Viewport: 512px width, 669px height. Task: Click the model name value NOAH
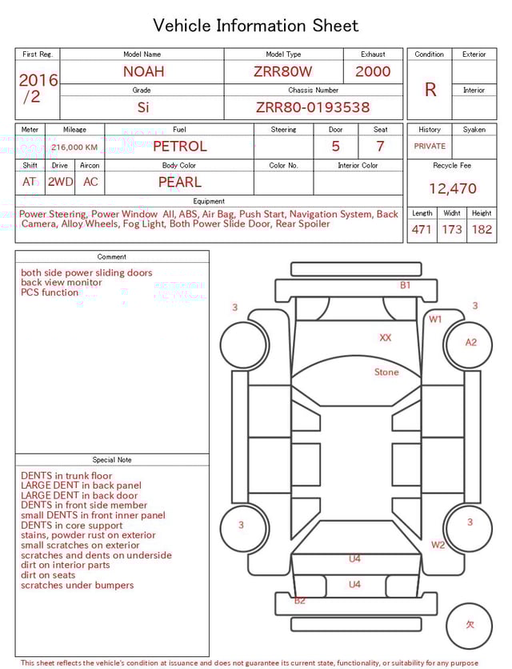[143, 71]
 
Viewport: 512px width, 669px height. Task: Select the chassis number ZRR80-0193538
[313, 107]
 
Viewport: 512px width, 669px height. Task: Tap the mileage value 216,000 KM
[74, 147]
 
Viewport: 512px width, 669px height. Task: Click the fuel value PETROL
[179, 147]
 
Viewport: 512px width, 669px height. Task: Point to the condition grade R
[430, 90]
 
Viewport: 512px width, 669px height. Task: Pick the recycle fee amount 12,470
[452, 189]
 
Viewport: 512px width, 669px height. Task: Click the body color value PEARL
[179, 182]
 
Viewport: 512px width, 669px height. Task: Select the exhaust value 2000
[373, 71]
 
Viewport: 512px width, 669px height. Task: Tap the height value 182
[482, 230]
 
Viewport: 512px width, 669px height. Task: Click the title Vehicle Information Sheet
[256, 26]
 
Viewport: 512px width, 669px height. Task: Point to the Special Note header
[112, 460]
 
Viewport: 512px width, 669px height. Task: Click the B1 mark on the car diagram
[406, 285]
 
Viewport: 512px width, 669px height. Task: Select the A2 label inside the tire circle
[470, 342]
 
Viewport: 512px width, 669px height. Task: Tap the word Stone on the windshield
[386, 373]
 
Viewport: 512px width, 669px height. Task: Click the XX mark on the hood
[386, 338]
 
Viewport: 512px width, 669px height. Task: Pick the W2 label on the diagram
[438, 546]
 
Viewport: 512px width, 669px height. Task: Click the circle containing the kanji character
[470, 626]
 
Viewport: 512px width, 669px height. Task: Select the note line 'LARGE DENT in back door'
[79, 496]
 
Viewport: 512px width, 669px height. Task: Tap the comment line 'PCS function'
[50, 292]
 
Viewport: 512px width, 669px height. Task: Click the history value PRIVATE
[430, 147]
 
